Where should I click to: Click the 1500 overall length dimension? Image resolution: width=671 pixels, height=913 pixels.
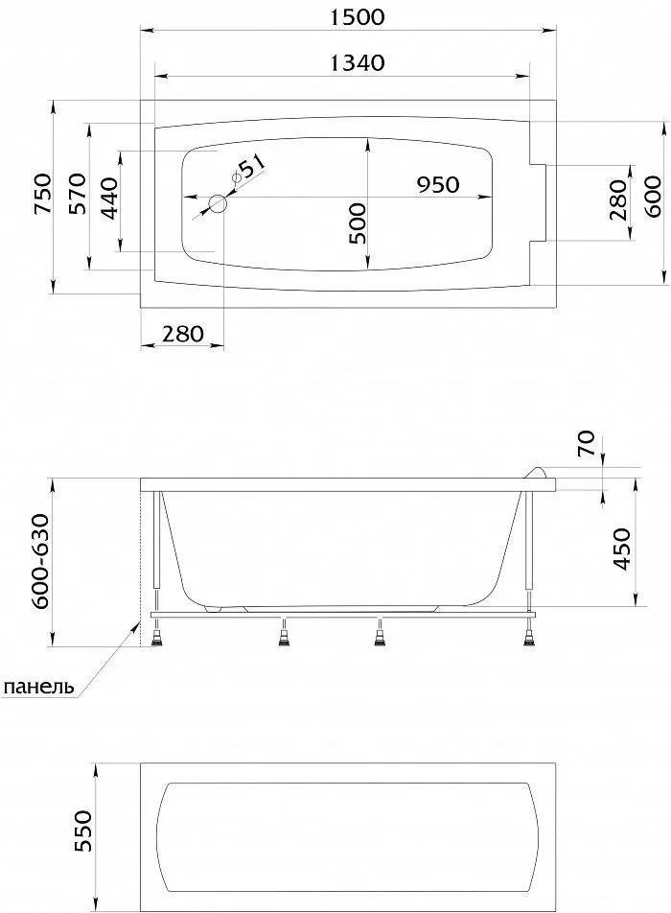pyautogui.click(x=358, y=17)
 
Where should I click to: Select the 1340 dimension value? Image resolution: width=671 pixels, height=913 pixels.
pyautogui.click(x=358, y=62)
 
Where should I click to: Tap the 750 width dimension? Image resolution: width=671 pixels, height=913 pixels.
pyautogui.click(x=42, y=195)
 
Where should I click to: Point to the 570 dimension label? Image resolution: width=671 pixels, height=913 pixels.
pyautogui.click(x=78, y=194)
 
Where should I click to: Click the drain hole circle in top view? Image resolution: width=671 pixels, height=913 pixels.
pyautogui.click(x=219, y=203)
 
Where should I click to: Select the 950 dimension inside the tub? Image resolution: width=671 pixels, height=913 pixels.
pyautogui.click(x=438, y=184)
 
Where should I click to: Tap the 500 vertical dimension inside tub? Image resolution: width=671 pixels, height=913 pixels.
pyautogui.click(x=357, y=223)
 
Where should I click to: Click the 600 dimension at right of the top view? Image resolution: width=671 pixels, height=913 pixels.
pyautogui.click(x=652, y=197)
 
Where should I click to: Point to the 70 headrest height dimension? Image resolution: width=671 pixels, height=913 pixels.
pyautogui.click(x=587, y=443)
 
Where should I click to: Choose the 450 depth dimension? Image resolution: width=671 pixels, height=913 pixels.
pyautogui.click(x=621, y=550)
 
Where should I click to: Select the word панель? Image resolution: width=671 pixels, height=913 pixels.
pyautogui.click(x=39, y=687)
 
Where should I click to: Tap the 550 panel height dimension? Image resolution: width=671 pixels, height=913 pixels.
pyautogui.click(x=82, y=831)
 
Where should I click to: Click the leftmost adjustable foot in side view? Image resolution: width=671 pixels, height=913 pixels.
pyautogui.click(x=158, y=638)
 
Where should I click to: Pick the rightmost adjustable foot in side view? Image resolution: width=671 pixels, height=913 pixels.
pyautogui.click(x=528, y=638)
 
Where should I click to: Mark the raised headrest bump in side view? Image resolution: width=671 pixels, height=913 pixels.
pyautogui.click(x=539, y=472)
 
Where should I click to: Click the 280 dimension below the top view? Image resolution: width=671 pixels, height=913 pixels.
pyautogui.click(x=183, y=334)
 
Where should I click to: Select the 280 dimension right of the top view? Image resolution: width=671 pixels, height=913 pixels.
pyautogui.click(x=618, y=200)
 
